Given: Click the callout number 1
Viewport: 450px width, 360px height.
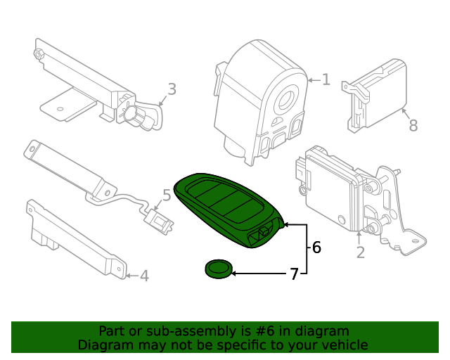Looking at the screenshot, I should click(326, 79).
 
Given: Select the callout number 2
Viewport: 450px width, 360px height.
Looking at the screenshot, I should click(360, 252).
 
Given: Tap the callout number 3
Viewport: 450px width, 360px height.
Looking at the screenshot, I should click(172, 89).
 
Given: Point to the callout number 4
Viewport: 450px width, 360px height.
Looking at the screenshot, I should click(144, 276).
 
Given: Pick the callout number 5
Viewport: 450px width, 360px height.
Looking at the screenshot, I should click(167, 195).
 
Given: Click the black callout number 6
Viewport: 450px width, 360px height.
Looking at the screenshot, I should click(316, 247).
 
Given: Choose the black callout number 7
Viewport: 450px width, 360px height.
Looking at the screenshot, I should click(294, 274).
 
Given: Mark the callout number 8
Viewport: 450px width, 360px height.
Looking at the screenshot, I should click(413, 126).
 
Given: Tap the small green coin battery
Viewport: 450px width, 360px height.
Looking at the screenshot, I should click(219, 268).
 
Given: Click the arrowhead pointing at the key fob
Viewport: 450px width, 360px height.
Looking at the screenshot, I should click(285, 225).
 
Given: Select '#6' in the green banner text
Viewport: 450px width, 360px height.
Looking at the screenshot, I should click(269, 330).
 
